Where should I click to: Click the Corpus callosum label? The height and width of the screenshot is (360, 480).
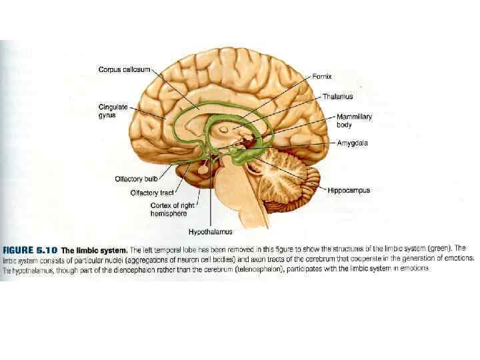tap(125, 69)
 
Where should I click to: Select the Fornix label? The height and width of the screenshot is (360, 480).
tap(323, 77)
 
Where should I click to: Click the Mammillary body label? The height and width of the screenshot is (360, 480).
tap(354, 121)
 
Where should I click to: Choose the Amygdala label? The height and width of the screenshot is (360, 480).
tap(353, 143)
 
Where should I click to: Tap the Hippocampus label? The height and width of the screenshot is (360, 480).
tap(349, 191)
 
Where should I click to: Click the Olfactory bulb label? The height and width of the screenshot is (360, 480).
tap(135, 179)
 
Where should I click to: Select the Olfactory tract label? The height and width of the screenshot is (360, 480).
tap(153, 193)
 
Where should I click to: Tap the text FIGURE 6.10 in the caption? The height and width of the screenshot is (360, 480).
tap(30, 249)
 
